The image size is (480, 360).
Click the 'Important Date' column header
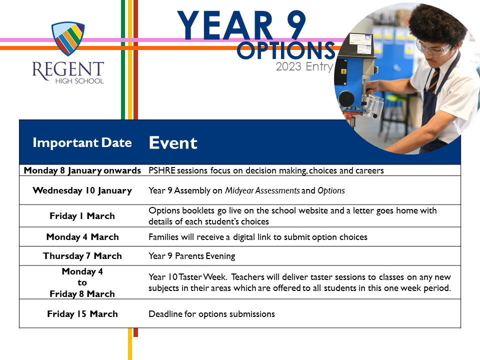[x=82, y=143]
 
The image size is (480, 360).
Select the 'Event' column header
[x=173, y=143]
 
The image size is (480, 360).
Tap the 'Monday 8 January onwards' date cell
[x=82, y=170]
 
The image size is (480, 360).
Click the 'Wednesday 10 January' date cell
[x=82, y=190]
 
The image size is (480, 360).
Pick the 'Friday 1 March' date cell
[x=82, y=216]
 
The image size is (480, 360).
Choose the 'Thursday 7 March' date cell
[x=82, y=256]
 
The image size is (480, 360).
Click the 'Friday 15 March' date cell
[x=82, y=314]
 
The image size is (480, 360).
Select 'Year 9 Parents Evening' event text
[x=192, y=256]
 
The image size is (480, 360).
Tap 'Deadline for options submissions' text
[x=212, y=314]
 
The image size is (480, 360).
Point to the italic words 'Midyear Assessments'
[x=262, y=190]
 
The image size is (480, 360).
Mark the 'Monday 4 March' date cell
[x=82, y=237]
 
